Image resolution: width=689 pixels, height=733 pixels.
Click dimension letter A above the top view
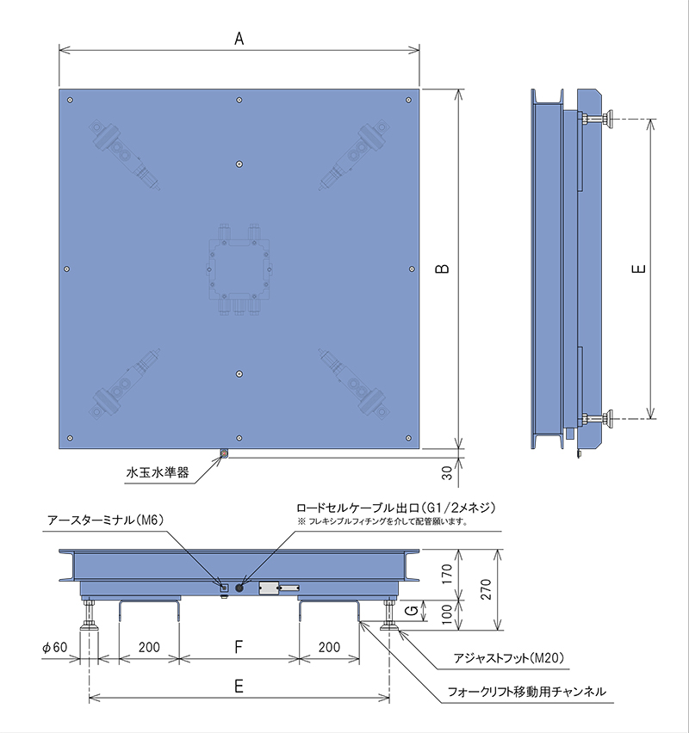[239, 39]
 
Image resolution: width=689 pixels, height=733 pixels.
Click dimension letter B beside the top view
[443, 268]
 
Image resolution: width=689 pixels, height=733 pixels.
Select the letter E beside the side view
[639, 268]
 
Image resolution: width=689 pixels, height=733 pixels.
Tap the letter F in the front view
[239, 647]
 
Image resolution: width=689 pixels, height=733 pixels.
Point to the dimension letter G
[412, 610]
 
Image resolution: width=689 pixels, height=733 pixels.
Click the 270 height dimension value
[486, 589]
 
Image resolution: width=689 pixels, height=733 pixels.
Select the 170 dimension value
[447, 574]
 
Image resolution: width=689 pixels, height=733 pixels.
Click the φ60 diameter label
[55, 647]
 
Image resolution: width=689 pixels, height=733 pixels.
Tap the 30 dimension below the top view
[447, 472]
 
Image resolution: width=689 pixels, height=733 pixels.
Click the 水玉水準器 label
[158, 472]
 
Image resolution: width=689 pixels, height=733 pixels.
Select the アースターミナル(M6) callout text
[106, 520]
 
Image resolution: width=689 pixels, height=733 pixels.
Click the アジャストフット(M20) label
[509, 658]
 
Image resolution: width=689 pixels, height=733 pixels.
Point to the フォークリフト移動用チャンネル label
[526, 692]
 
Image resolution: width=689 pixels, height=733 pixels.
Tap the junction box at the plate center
[239, 269]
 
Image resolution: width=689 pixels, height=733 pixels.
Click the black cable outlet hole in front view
[239, 588]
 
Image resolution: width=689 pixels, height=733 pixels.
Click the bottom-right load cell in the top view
[354, 384]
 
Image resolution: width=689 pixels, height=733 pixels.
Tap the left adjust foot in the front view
[89, 615]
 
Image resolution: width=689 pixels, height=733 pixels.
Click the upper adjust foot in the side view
[597, 119]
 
